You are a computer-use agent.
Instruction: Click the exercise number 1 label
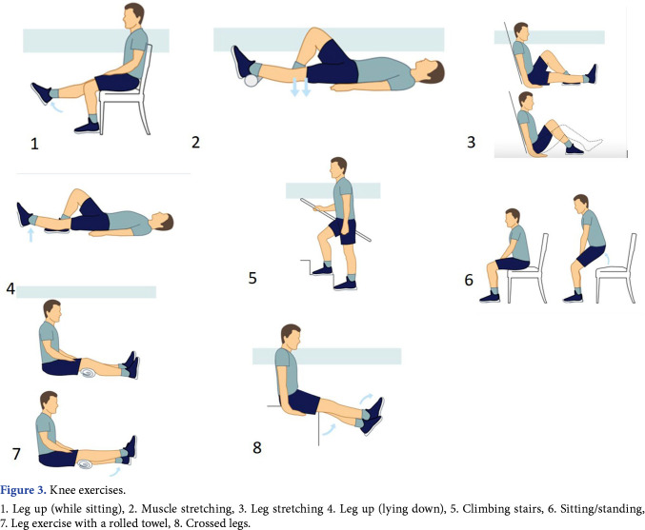(x=34, y=144)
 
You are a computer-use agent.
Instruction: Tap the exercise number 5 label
(x=252, y=278)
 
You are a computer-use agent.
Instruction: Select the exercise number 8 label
(x=257, y=447)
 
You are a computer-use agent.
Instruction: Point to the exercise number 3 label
(x=471, y=142)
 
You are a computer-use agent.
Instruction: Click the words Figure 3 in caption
(x=23, y=490)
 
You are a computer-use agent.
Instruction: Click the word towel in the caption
(x=150, y=523)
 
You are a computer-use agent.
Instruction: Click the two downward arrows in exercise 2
(x=300, y=87)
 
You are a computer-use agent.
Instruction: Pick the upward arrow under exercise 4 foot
(x=30, y=235)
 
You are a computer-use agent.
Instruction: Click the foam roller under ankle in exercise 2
(x=252, y=80)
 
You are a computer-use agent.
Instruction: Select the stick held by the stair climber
(x=335, y=220)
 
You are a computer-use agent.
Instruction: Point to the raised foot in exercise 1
(x=42, y=93)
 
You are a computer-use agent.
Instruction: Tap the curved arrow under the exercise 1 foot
(x=57, y=108)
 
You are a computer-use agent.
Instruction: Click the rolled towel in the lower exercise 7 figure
(x=86, y=464)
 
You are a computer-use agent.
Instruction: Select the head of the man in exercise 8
(x=291, y=337)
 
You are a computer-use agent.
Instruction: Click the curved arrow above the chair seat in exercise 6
(x=607, y=259)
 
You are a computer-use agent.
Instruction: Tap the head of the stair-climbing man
(x=338, y=167)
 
